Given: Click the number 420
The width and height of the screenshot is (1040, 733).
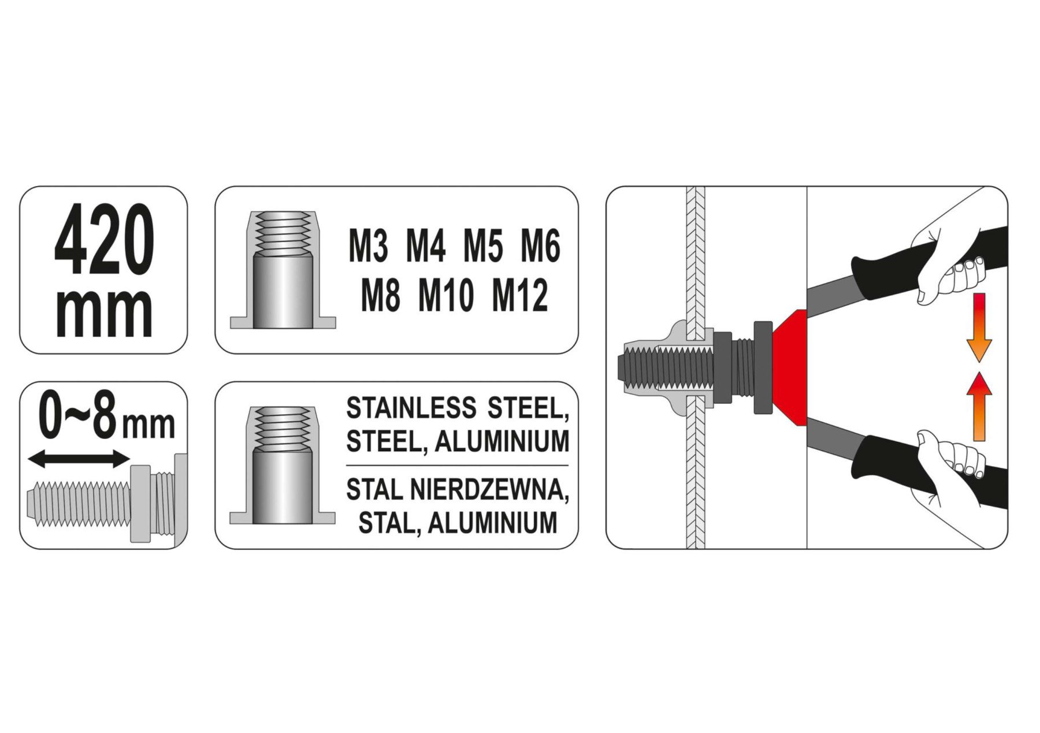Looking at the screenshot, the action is pos(104,240).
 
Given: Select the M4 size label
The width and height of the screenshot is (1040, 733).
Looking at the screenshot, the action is pos(426,247).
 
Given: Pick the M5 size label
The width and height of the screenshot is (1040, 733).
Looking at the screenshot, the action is pos(483,247).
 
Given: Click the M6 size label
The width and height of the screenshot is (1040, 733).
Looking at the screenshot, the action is pos(541,247).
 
